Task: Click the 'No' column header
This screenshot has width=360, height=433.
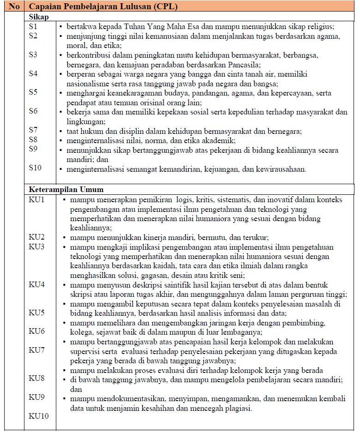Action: click(x=14, y=7)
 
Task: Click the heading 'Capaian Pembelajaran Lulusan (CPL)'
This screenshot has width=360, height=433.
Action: click(x=103, y=7)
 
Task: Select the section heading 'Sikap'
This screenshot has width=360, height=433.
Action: click(x=39, y=16)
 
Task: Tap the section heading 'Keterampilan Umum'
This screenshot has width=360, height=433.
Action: click(x=66, y=189)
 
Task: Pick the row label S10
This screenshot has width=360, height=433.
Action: click(x=35, y=168)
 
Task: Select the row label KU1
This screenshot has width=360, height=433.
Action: click(x=36, y=200)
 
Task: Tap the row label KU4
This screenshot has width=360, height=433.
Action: click(x=36, y=284)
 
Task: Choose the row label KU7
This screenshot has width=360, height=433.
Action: click(x=36, y=350)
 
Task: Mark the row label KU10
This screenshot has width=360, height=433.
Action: click(x=38, y=416)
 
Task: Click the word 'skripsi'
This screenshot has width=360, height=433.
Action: click(x=80, y=294)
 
